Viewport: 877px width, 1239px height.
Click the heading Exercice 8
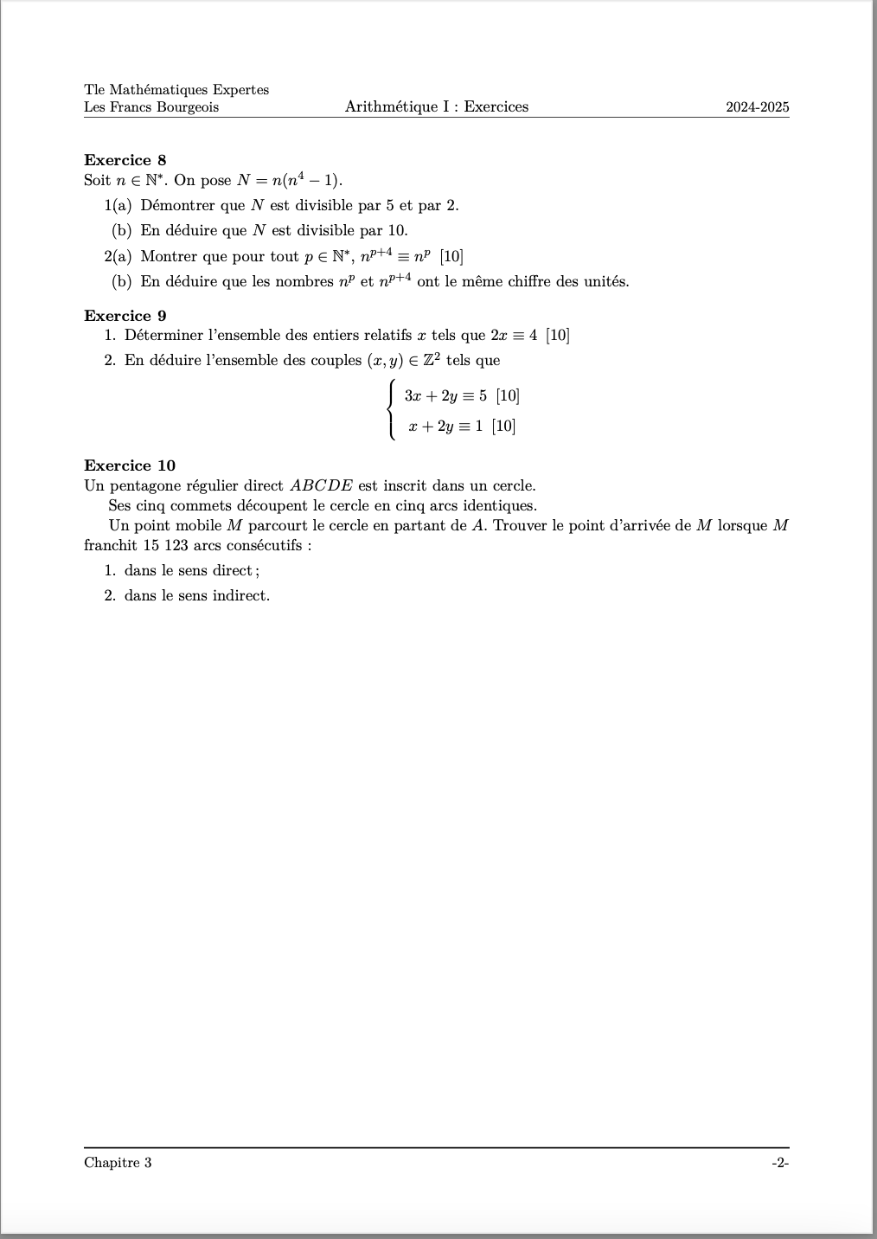pos(125,160)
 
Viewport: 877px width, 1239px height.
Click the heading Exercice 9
pos(125,316)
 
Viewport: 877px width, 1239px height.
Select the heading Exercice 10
pos(129,465)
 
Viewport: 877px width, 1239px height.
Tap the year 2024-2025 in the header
pos(758,107)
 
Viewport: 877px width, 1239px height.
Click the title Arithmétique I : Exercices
pos(436,107)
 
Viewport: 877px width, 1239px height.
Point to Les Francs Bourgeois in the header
pos(151,107)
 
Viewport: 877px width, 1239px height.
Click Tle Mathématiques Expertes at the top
pos(176,90)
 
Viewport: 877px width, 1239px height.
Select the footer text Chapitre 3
pos(118,1162)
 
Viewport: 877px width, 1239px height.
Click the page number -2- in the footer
pos(780,1162)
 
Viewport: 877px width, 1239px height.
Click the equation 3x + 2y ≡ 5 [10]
pos(462,396)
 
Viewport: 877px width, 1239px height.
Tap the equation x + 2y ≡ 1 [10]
pos(462,426)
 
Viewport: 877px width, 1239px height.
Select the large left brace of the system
pos(393,410)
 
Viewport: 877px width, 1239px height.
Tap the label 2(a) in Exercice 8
pos(118,256)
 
